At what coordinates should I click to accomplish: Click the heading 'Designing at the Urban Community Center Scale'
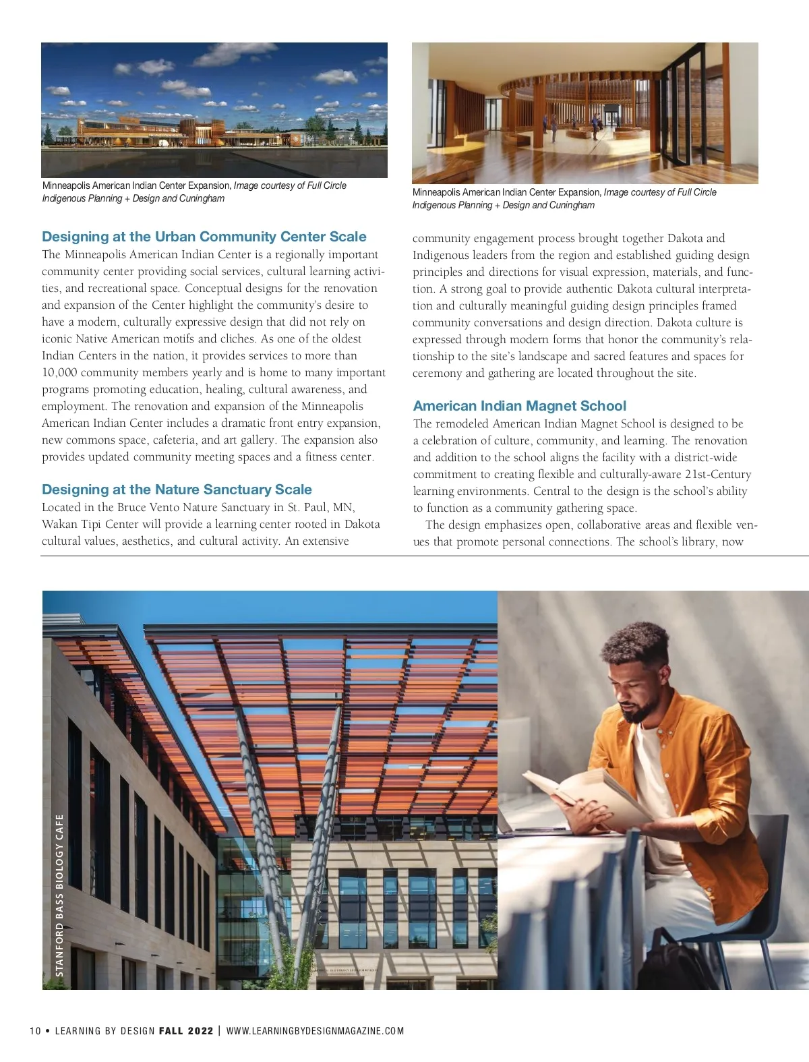[204, 237]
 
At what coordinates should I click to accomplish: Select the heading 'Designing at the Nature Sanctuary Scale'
[177, 490]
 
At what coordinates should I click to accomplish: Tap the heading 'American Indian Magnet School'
[519, 406]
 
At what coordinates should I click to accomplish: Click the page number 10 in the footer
[35, 1031]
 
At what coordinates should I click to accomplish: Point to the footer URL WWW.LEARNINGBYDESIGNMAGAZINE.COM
[315, 1031]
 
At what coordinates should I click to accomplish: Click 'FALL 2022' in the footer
[186, 1031]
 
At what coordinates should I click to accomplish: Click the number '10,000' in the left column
[60, 373]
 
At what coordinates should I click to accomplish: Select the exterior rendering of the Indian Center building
[214, 110]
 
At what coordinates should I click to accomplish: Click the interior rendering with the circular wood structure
[585, 113]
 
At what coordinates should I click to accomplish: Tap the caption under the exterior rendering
[194, 191]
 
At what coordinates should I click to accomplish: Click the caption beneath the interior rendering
[564, 198]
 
